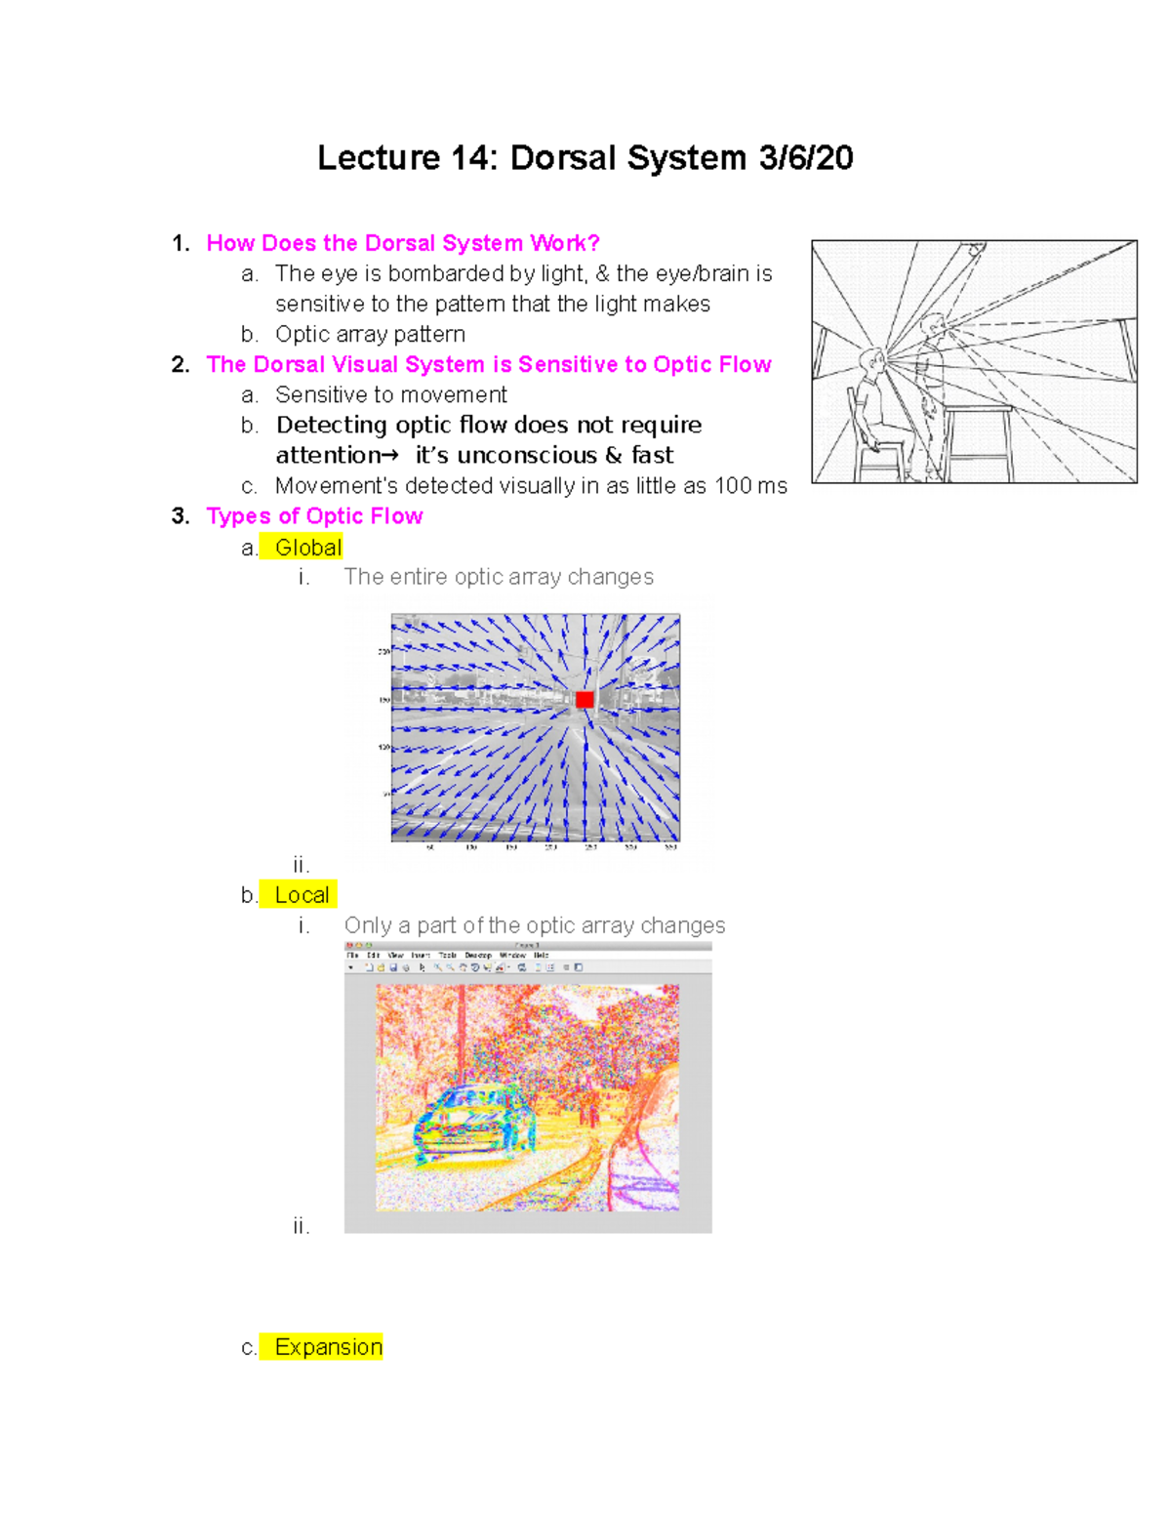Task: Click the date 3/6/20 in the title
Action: pos(806,158)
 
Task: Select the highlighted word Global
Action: pos(308,548)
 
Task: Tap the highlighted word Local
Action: pos(302,895)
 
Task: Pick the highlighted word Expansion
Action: pos(328,1347)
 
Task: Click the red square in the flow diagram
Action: pos(585,700)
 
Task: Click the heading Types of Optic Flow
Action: pos(314,516)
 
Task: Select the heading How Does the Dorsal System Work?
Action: pos(402,243)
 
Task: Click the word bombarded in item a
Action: pos(438,274)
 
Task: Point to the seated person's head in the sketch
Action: pos(871,365)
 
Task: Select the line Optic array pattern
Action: pos(370,335)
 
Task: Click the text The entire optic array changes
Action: pos(499,577)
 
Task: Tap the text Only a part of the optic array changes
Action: pos(535,925)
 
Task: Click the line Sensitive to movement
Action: pos(390,395)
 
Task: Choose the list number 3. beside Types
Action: pos(180,516)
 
